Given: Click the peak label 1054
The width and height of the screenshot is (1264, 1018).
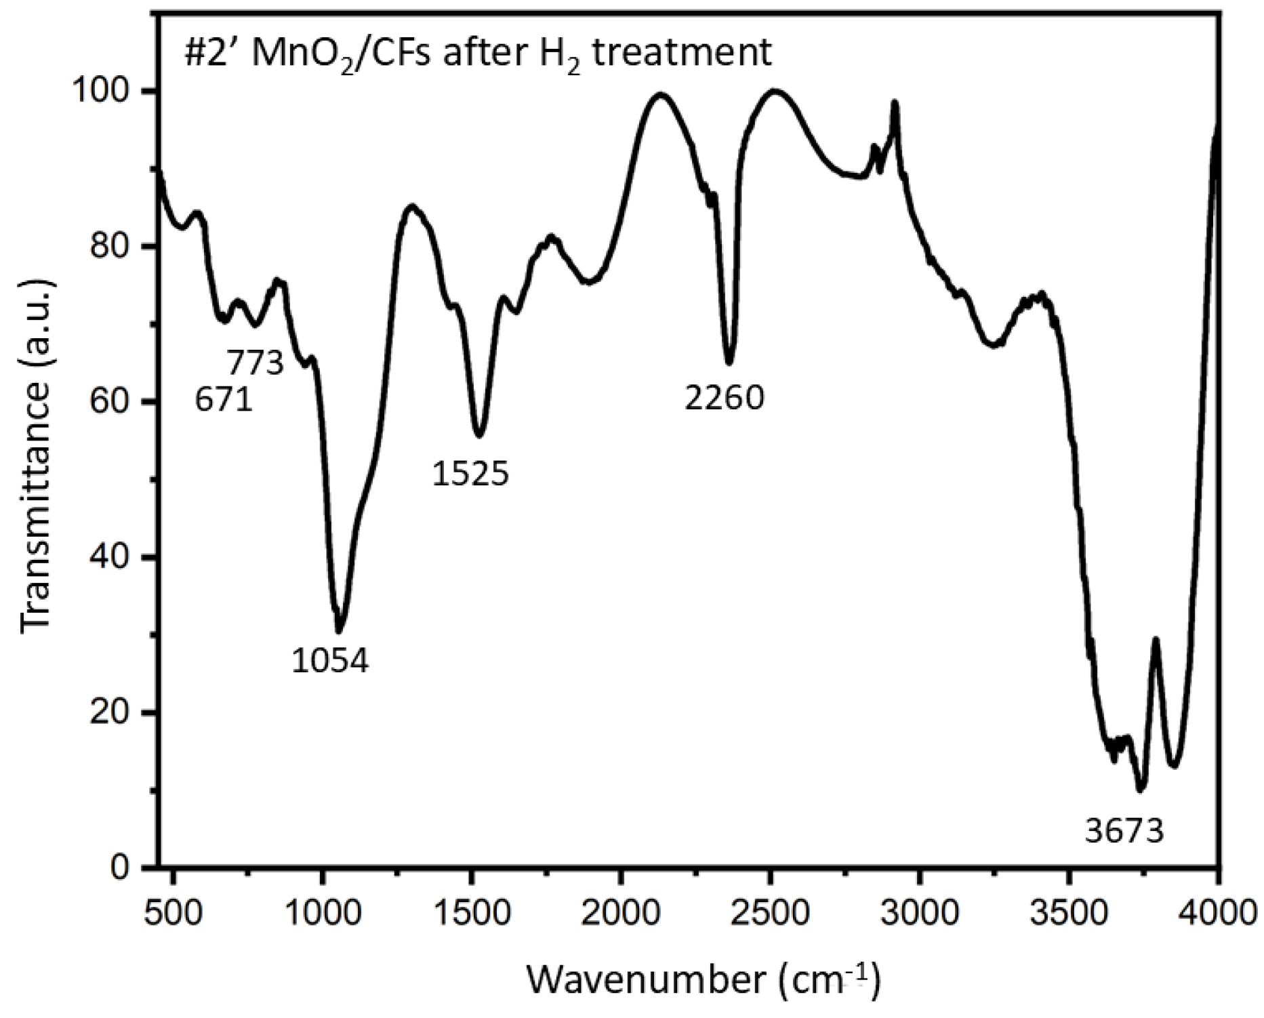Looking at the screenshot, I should point(330,660).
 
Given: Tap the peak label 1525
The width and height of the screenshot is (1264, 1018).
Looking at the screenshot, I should point(470,474).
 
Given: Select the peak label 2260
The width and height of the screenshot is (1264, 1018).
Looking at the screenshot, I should point(724,398).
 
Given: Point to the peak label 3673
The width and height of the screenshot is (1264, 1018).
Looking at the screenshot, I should point(1124,831).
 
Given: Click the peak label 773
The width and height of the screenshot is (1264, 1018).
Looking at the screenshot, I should point(255,363).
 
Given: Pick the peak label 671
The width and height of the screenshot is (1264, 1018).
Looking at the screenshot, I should point(224,400).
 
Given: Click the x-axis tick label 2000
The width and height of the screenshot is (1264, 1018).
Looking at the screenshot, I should point(620,912).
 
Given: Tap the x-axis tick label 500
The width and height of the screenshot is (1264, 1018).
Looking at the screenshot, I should point(174,912).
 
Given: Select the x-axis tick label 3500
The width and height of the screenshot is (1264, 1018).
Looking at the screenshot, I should point(1069,912).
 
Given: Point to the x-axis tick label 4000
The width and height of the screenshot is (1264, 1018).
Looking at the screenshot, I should point(1218,912).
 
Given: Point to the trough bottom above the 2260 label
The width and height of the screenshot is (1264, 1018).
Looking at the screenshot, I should point(729,363).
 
